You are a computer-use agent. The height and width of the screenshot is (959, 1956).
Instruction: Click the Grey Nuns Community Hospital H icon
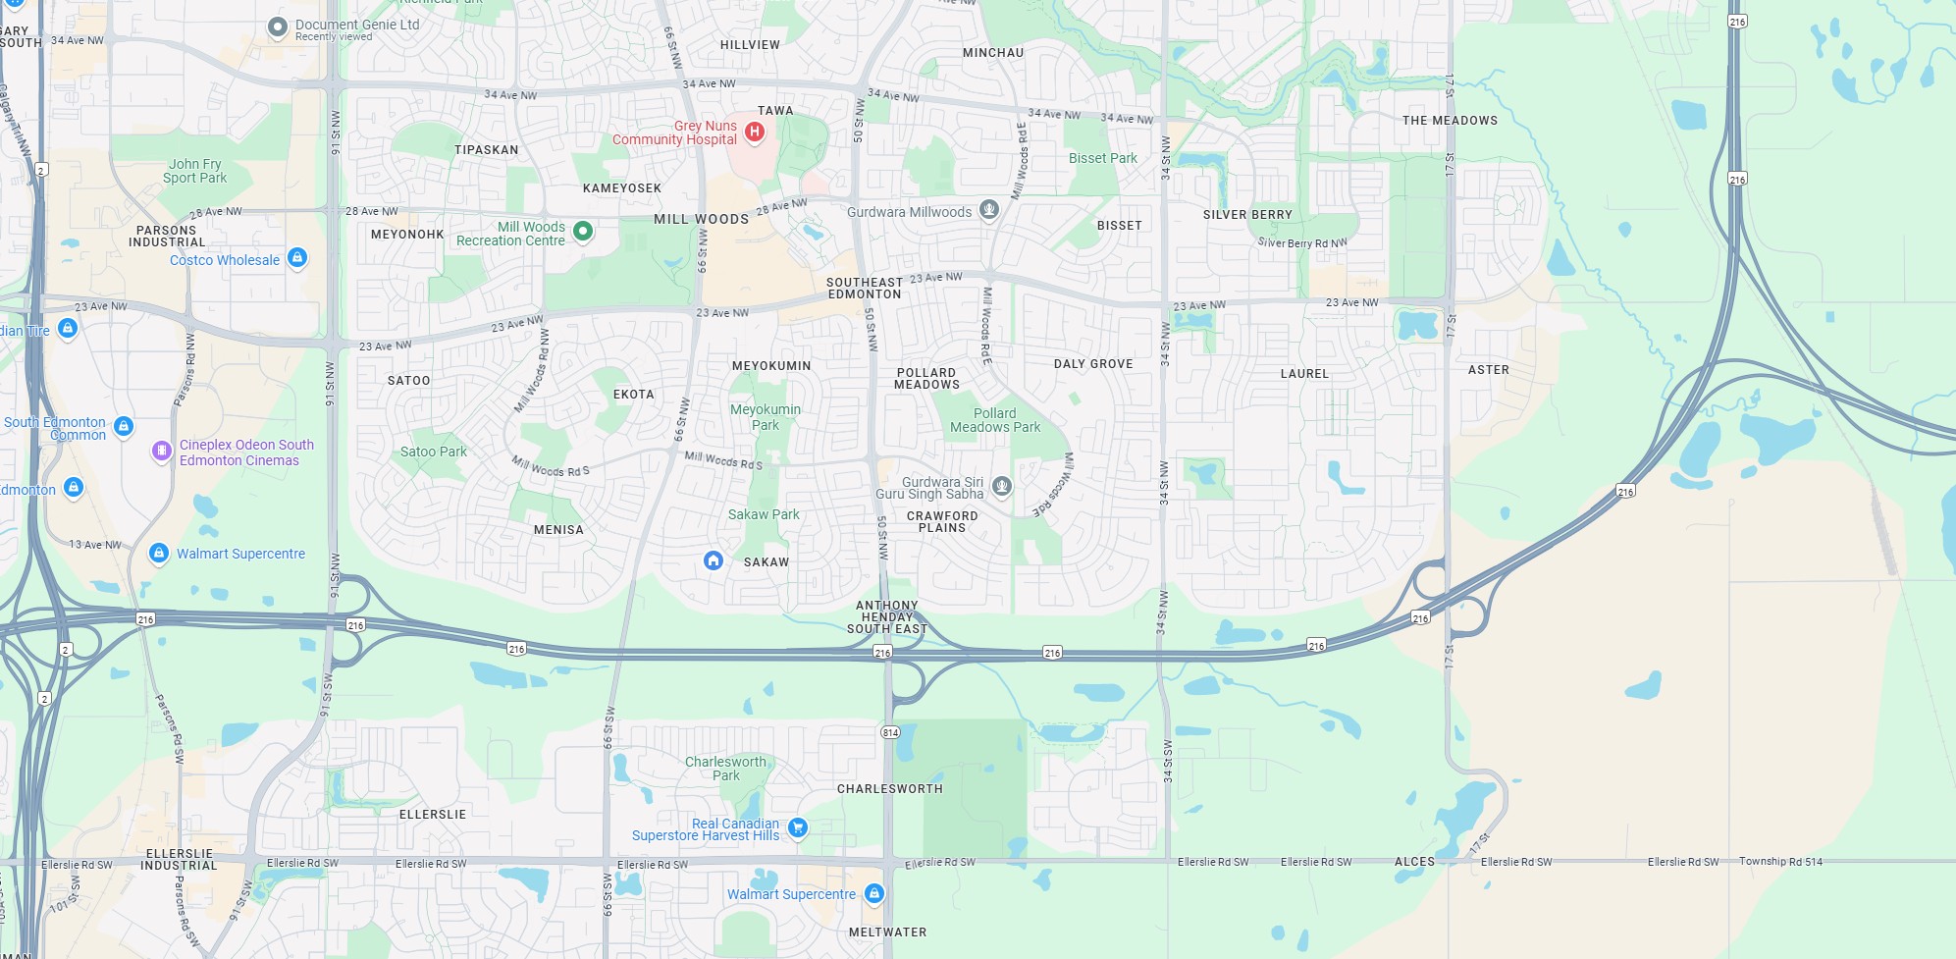point(754,132)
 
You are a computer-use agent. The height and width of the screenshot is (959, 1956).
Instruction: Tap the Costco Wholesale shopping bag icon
point(297,258)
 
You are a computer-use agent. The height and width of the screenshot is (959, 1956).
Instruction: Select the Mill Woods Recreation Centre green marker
point(583,232)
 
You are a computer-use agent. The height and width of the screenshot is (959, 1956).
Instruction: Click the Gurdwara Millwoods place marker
point(989,209)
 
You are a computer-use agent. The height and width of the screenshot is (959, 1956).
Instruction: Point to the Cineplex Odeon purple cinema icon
point(162,451)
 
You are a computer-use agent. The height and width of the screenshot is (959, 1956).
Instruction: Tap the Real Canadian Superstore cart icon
point(798,827)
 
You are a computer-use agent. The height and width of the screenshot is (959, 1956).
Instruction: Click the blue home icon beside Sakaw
point(714,560)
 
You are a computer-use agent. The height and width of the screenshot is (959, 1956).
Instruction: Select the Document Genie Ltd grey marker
point(278,27)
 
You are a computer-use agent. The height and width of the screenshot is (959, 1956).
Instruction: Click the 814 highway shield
point(890,732)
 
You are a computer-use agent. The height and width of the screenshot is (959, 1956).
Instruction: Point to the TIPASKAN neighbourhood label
point(486,150)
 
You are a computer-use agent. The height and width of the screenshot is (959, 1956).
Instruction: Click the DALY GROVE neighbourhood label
point(1093,364)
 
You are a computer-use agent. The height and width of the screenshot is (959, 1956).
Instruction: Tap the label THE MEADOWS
point(1450,121)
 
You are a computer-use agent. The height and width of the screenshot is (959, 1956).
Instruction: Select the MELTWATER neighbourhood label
point(887,932)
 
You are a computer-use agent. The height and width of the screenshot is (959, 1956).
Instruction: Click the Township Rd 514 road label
point(1780,862)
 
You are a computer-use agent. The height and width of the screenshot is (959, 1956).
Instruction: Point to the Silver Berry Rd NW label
point(1302,242)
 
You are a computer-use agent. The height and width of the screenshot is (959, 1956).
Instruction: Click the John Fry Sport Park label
point(195,172)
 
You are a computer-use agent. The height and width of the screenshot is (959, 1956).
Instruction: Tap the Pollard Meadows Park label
point(995,420)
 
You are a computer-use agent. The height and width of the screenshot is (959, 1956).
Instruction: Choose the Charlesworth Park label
point(725,769)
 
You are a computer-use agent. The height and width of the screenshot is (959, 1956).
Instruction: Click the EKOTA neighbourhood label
point(633,395)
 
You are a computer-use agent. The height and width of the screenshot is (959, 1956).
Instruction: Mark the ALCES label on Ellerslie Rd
point(1414,862)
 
